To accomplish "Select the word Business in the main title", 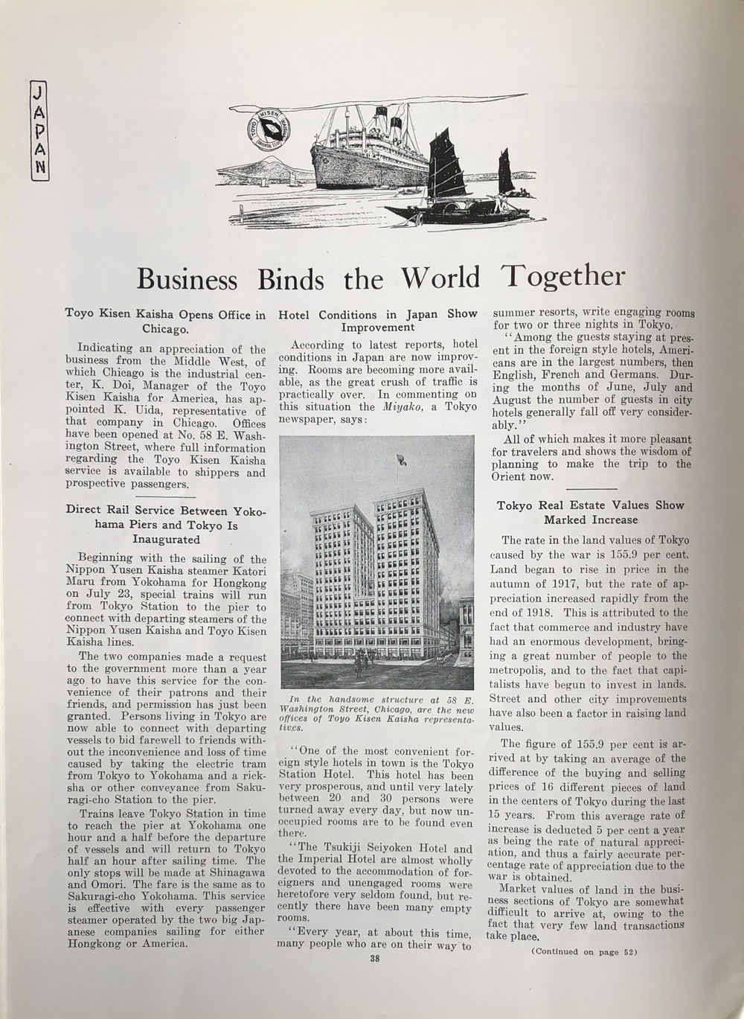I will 187,279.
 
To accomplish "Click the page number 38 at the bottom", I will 375,958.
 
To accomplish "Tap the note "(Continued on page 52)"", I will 584,951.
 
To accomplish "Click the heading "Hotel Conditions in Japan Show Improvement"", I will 378,321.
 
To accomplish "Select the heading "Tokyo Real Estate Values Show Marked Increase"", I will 590,512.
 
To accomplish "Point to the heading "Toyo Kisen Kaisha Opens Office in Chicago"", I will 165,321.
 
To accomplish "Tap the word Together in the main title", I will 563,277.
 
